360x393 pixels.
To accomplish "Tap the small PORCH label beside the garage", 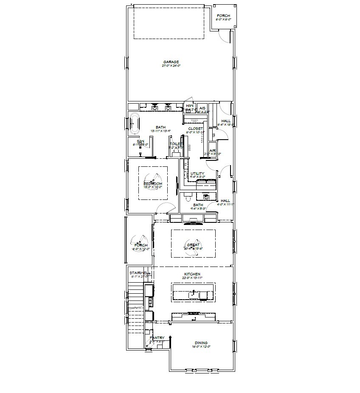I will (x=223, y=16).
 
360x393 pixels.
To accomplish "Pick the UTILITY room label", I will (x=197, y=174).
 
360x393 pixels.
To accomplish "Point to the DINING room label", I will (x=201, y=343).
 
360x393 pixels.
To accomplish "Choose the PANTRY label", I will (x=157, y=338).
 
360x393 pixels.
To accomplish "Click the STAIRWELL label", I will (x=140, y=273).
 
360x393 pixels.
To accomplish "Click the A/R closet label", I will (x=212, y=150).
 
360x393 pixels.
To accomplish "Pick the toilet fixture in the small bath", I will (x=188, y=197).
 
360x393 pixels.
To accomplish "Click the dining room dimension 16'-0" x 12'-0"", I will (x=201, y=347).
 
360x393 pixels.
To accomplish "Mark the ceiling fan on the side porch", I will (x=140, y=244).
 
